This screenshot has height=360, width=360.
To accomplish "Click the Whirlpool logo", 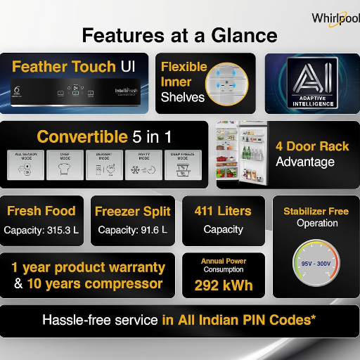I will (x=335, y=18).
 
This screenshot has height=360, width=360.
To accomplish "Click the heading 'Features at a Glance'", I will (x=179, y=34).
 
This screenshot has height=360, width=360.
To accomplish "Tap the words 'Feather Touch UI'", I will (x=74, y=67).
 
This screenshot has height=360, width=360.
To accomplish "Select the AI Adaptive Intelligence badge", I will (x=311, y=83).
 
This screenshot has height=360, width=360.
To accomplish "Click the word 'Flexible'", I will (x=184, y=67).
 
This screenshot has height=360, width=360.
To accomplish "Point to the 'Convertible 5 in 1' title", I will (x=105, y=136).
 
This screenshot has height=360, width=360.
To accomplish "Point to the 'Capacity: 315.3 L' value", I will (x=41, y=230).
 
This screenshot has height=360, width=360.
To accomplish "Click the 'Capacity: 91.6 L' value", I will (x=132, y=230).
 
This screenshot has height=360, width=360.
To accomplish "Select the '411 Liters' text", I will (x=223, y=210).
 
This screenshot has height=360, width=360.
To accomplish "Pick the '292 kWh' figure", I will (x=224, y=286).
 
